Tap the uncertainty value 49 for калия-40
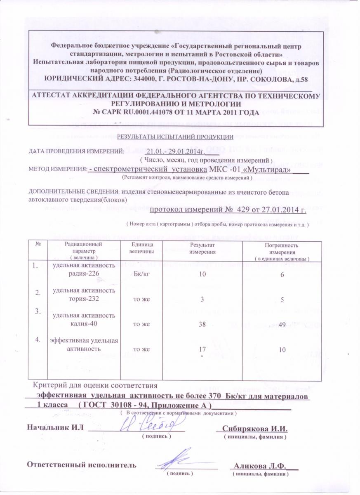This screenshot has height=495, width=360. tap(282, 324)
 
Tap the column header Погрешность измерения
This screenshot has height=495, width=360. tap(282, 249)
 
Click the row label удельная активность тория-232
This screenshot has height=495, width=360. tap(84, 295)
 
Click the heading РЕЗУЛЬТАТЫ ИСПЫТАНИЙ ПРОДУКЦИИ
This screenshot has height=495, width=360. tap(176, 137)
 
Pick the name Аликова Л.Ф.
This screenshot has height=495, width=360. tap(260, 465)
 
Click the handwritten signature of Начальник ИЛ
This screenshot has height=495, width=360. tap(152, 422)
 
